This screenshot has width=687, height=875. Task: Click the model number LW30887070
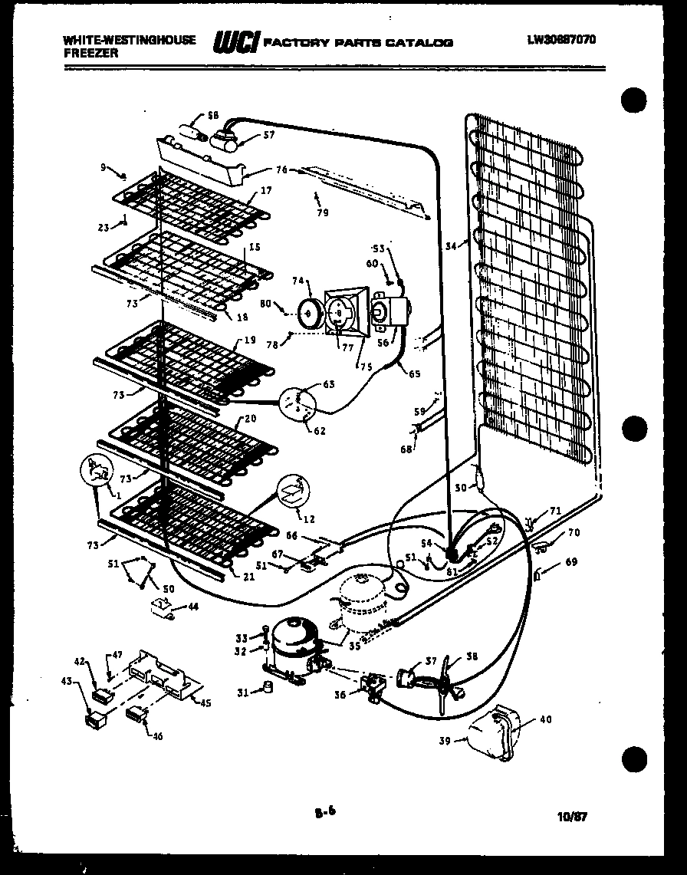561,40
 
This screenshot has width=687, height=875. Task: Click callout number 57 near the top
268,135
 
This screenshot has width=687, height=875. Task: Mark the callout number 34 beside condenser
451,245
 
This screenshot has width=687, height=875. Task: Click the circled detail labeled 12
292,492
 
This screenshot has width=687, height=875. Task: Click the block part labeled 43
96,719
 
